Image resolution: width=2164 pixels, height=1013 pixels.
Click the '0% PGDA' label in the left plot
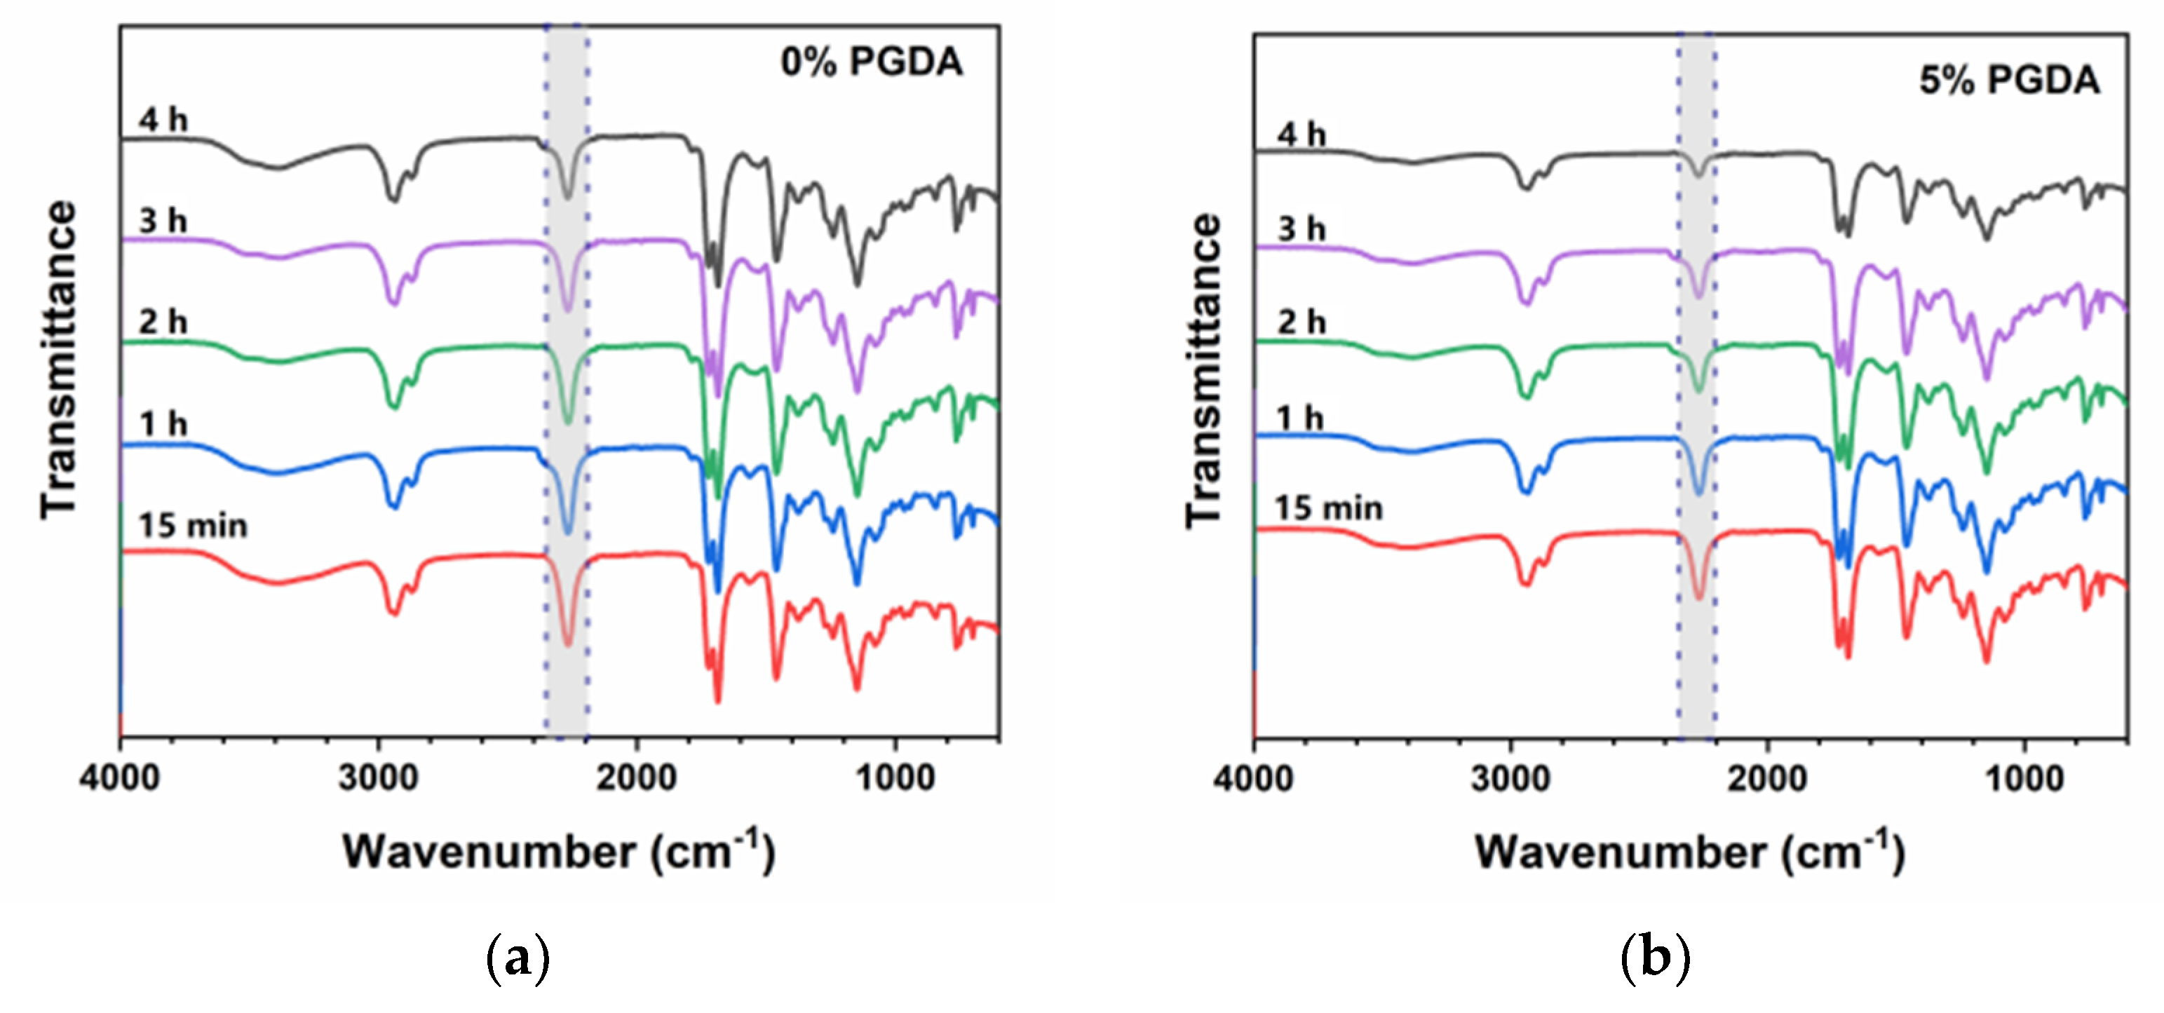click(x=871, y=62)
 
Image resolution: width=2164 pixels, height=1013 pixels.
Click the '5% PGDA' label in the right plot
click(x=2008, y=81)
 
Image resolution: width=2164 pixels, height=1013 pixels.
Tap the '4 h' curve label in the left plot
click(x=163, y=120)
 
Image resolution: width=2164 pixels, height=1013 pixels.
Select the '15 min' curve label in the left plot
click(x=194, y=526)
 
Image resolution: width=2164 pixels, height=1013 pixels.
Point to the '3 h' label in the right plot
click(x=1301, y=229)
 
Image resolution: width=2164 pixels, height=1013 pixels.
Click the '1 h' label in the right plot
click(x=1299, y=417)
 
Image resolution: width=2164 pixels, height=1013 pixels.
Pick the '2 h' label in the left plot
click(x=163, y=322)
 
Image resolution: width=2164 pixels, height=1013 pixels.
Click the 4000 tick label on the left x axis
click(x=119, y=778)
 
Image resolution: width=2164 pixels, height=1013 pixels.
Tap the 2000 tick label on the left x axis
click(x=636, y=778)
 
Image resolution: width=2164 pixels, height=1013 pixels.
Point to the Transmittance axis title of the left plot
click(x=59, y=360)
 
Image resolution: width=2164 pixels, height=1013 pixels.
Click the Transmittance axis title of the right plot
click(x=1203, y=370)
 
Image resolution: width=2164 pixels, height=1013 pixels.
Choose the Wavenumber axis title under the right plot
click(x=1689, y=852)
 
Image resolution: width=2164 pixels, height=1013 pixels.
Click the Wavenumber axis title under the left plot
click(x=559, y=852)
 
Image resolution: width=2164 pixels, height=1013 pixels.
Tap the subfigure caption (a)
click(x=518, y=957)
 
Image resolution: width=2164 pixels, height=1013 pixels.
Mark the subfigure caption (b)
click(x=1654, y=957)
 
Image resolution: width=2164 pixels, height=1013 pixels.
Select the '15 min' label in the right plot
click(x=1328, y=508)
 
